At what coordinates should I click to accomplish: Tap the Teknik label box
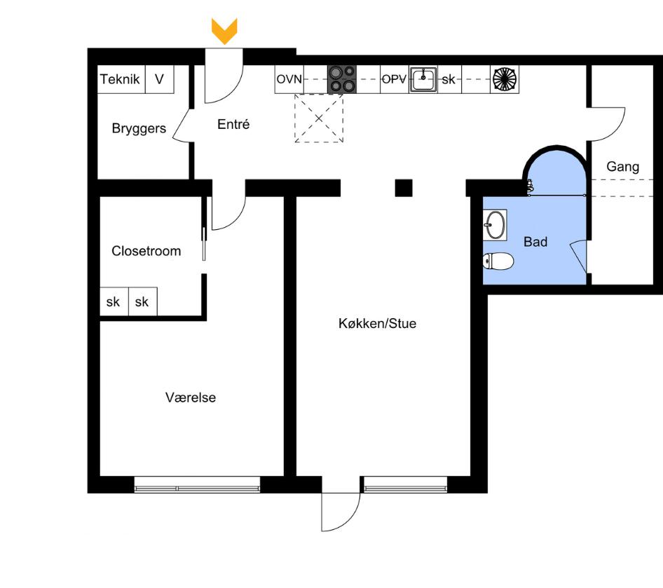point(121,80)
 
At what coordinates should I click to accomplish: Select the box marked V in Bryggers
point(160,80)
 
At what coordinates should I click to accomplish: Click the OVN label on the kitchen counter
point(289,80)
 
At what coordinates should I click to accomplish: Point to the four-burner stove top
point(342,79)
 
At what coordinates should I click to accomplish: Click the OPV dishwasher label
point(394,80)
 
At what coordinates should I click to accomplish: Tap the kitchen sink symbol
point(423,80)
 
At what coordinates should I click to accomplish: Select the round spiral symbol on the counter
point(505,79)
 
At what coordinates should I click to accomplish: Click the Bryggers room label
point(139,129)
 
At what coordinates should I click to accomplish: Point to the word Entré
point(233,125)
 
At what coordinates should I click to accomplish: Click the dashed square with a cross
point(320,118)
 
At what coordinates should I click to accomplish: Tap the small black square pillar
point(403,188)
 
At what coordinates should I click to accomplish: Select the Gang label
point(622,167)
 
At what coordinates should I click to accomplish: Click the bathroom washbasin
point(495,225)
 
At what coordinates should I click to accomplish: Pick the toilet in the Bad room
point(498,261)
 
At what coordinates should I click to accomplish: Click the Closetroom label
point(146,251)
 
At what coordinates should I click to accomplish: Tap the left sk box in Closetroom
point(114,303)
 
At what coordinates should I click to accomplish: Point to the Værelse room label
point(191,397)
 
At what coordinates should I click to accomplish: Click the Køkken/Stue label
point(377,324)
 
